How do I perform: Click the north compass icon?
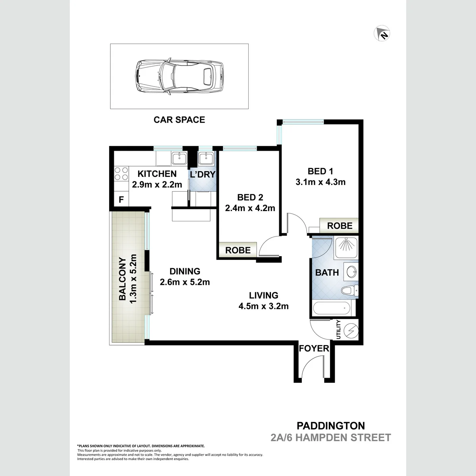coord(382,33)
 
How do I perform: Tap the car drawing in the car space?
coord(179,76)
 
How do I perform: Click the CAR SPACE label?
coord(179,120)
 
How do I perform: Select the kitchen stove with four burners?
coord(121,174)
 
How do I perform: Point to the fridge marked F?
coord(121,199)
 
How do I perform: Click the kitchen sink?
coord(179,158)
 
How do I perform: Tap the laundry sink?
coord(206,158)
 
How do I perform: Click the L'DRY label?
coord(203,175)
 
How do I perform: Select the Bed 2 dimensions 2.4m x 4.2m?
coord(250,208)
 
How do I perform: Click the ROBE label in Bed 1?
coord(340,226)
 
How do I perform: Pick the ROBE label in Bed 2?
coord(238,250)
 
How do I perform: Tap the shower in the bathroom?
coord(346,248)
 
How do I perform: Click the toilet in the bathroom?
coord(350,290)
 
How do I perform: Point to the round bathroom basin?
coord(351,273)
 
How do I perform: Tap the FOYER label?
coord(314,349)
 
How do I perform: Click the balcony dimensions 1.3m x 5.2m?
coord(133,279)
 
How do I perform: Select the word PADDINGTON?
coord(331,426)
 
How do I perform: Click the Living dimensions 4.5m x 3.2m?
coord(263,306)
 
